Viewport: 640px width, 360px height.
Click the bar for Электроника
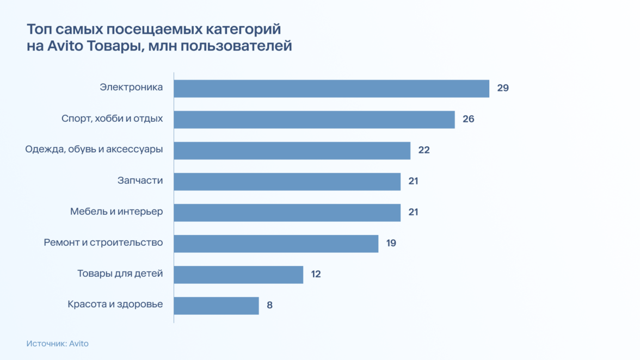331,88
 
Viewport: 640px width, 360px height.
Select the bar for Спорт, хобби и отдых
314,119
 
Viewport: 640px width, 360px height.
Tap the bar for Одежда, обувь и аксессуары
292,150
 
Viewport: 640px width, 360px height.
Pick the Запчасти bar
287,181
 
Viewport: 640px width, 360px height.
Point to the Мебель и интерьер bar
287,212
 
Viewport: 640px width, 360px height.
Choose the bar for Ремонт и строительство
276,243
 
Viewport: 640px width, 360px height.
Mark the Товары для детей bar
238,274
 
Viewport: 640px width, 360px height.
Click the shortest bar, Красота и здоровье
216,305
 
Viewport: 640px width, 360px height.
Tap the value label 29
502,88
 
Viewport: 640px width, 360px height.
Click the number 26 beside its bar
468,119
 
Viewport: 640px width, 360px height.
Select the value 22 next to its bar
424,150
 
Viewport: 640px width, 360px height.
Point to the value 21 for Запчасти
413,181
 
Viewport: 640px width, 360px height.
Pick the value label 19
391,243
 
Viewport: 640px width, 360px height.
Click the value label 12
316,274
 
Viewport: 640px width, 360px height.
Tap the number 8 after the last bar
269,305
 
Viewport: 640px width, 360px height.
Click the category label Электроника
131,87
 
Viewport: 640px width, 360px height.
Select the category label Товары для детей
120,274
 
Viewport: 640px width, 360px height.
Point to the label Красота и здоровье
115,304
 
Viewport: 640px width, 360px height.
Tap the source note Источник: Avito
57,344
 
